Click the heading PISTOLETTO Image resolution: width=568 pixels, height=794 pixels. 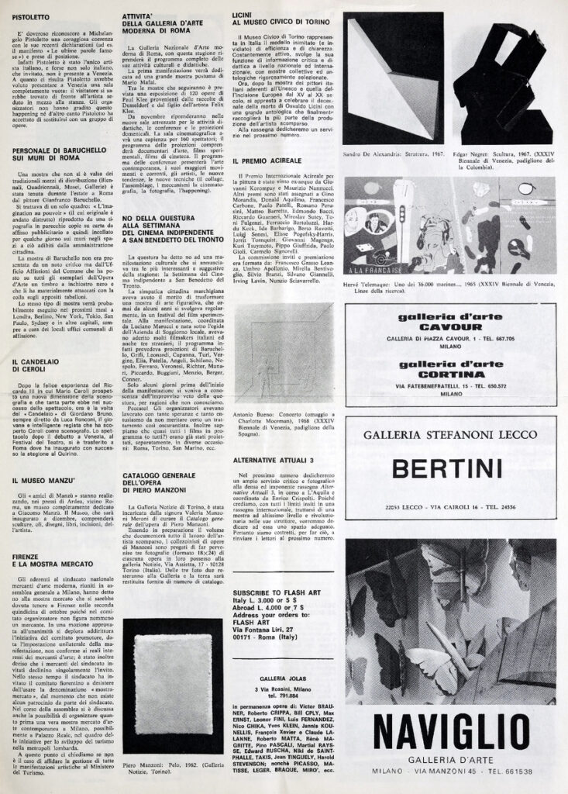coord(34,16)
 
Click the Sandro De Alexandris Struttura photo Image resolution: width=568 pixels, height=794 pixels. coord(394,77)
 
